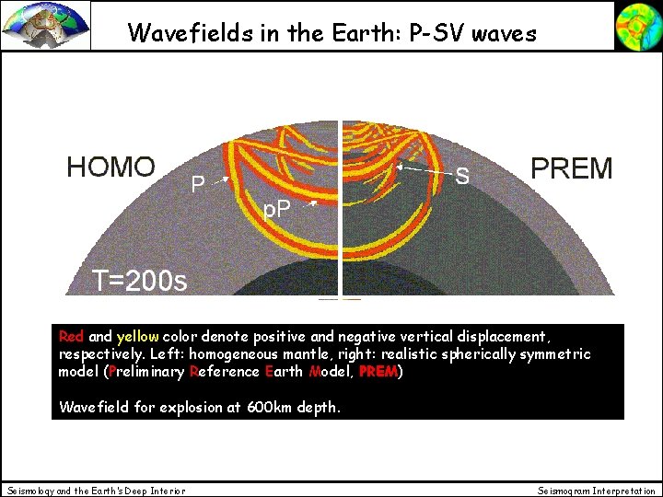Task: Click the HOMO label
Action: click(110, 168)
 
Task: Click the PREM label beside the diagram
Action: click(571, 168)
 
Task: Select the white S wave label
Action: click(463, 175)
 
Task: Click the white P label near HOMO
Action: click(198, 185)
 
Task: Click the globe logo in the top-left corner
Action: click(46, 25)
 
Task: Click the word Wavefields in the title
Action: click(180, 33)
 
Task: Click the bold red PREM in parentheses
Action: click(378, 372)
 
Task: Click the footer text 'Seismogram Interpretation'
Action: click(597, 491)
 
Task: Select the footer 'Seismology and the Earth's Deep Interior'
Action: click(95, 491)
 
